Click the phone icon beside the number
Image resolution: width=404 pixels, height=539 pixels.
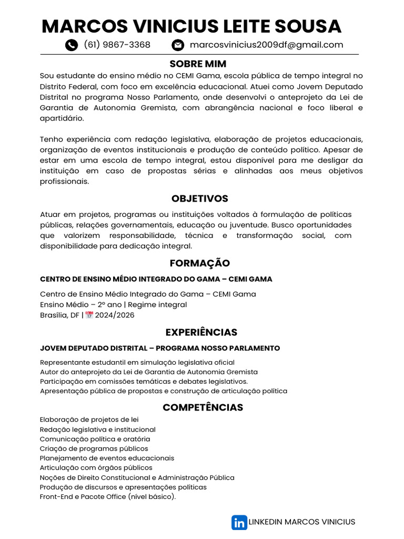(72, 45)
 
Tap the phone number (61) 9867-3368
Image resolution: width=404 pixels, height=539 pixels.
(117, 45)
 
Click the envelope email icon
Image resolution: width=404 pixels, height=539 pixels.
(178, 45)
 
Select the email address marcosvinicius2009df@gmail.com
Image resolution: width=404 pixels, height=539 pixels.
(266, 45)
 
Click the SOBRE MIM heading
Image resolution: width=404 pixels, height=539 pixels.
(198, 64)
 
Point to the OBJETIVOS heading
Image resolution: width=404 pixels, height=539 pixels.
(200, 198)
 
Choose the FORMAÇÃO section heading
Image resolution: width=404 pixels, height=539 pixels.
(200, 263)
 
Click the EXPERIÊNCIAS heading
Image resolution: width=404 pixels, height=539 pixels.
(201, 332)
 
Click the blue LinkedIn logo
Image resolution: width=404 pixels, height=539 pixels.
(239, 522)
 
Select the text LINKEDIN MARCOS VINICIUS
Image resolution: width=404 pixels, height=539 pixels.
(301, 522)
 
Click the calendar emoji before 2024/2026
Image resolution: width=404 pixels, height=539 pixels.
(89, 315)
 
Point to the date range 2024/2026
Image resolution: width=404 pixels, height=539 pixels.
(115, 315)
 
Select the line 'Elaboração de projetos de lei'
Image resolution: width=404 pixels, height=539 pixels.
(89, 420)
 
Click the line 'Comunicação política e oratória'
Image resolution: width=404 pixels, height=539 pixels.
(95, 439)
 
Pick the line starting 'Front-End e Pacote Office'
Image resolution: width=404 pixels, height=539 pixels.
(108, 497)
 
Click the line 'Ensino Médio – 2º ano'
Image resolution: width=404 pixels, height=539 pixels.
(113, 305)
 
